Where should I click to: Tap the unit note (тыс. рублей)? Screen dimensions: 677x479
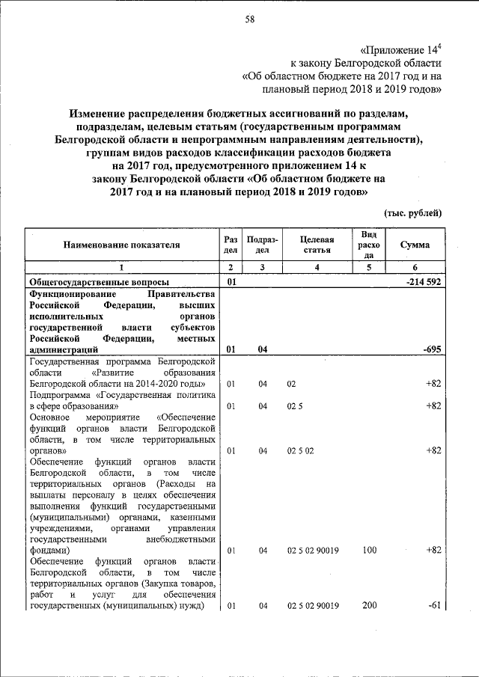412,212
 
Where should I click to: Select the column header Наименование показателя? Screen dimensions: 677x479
122,245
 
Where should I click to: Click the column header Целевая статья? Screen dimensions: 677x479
317,244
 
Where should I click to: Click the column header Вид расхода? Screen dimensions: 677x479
368,245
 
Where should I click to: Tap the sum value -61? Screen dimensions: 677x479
433,604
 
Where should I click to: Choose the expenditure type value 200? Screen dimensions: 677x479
369,604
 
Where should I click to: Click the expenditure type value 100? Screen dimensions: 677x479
369,550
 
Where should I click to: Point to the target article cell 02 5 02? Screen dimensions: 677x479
299,451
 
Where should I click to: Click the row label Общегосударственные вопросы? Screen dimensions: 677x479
98,282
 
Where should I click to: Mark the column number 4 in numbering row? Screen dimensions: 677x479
317,267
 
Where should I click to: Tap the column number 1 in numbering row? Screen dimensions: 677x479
122,267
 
